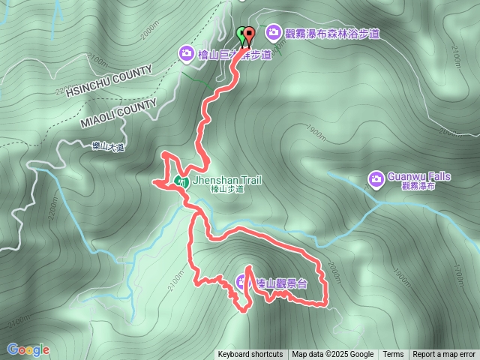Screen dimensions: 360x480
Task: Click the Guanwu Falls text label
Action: pos(418,176)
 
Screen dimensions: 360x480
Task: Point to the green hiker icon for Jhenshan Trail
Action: pos(181,181)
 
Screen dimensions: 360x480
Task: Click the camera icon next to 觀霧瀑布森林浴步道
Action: pos(272,32)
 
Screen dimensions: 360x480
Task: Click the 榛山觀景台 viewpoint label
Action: pos(281,283)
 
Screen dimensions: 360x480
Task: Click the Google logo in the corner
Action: pos(28,349)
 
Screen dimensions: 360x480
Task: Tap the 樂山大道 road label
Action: pos(103,148)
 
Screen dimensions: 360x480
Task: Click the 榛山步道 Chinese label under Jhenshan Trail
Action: pos(226,190)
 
